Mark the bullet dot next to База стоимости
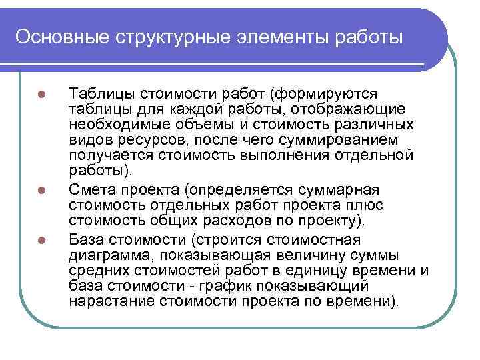(41, 239)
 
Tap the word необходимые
(112, 125)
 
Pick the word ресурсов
(147, 140)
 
